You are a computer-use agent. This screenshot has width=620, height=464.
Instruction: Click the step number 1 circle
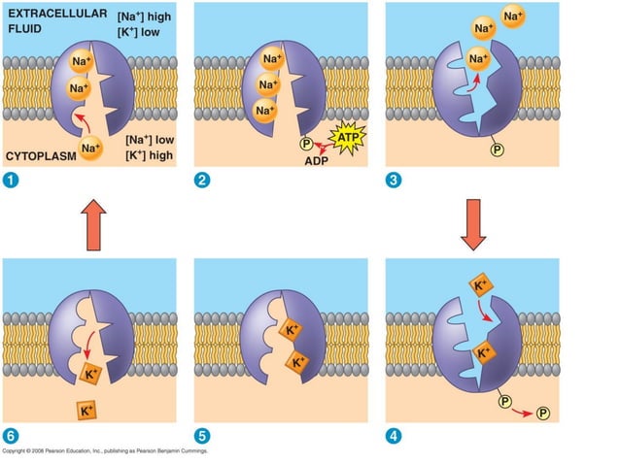pos(10,180)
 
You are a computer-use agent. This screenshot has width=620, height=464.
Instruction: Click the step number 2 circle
pos(202,180)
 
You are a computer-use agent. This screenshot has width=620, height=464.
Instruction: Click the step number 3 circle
pos(394,180)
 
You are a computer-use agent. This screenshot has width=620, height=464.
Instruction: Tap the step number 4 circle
pos(394,436)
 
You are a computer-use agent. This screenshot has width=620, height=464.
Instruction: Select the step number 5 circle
pos(202,436)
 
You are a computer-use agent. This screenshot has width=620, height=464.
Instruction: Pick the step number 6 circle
pos(10,436)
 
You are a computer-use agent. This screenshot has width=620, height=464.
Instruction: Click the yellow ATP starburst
pos(347,138)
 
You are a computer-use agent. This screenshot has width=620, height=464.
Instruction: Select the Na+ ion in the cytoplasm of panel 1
pos(91,149)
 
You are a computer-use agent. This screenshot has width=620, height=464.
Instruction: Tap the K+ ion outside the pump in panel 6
pos(86,411)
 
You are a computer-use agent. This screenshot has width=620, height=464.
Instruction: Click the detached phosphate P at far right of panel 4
pos(542,413)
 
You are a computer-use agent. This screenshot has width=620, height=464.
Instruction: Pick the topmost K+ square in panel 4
pos(480,285)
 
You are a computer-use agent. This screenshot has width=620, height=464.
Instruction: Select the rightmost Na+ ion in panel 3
pos(513,17)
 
